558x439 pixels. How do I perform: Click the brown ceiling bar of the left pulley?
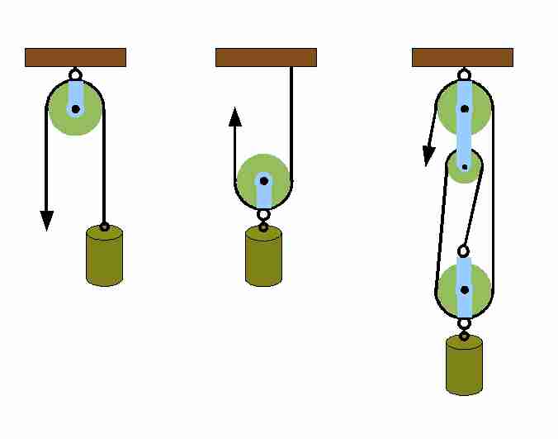click(75, 57)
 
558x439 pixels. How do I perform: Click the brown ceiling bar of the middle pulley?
click(266, 57)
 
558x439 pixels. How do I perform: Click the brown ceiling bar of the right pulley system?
click(462, 57)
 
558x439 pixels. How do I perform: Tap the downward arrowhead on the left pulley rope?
click(47, 220)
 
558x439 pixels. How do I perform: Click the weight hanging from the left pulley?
click(104, 256)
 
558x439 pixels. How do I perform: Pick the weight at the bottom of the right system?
click(464, 365)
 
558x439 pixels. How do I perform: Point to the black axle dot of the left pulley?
click(75, 108)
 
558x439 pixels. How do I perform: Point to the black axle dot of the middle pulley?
click(263, 179)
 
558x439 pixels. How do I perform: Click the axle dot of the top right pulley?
click(464, 108)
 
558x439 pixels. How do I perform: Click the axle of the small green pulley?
click(465, 168)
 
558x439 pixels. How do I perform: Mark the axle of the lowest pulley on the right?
click(464, 290)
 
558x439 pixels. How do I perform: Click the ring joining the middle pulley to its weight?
click(263, 215)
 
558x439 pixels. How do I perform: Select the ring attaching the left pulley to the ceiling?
click(75, 72)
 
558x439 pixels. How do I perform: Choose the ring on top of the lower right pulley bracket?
click(464, 251)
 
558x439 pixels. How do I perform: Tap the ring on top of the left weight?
click(104, 226)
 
